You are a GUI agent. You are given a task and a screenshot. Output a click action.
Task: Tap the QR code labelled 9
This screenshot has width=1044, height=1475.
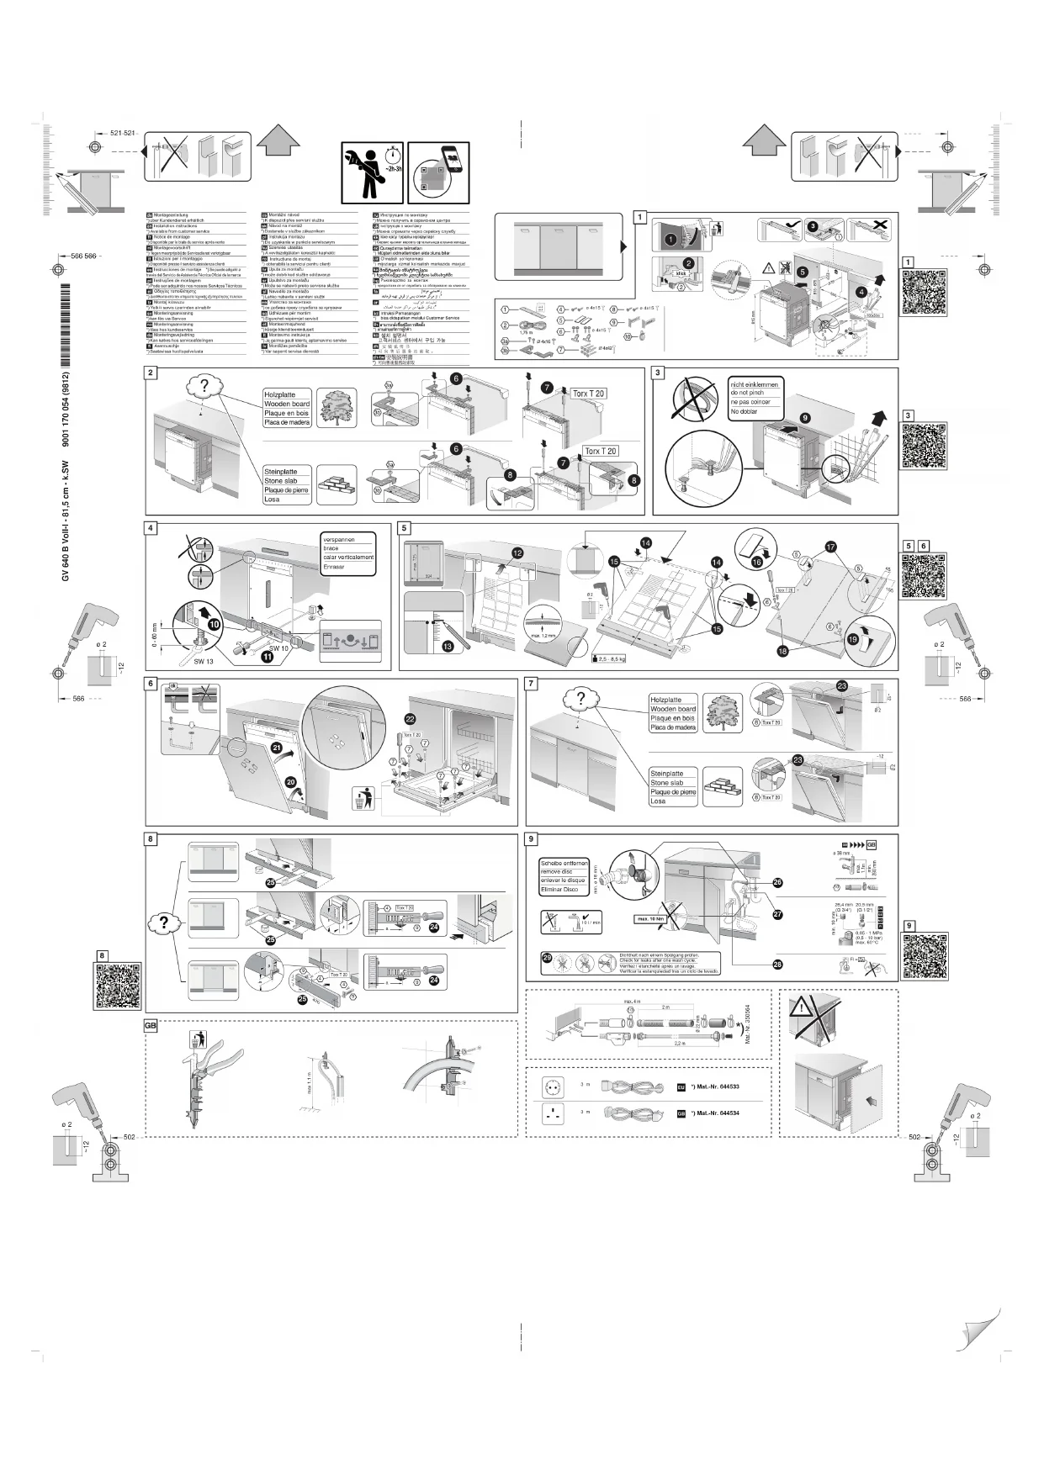point(925,956)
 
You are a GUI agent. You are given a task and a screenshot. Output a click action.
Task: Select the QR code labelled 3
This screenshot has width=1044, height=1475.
point(925,446)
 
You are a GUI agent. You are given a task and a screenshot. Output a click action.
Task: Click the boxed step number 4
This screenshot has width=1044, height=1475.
point(151,529)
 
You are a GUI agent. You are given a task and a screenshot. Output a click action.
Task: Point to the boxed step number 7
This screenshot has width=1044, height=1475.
point(532,684)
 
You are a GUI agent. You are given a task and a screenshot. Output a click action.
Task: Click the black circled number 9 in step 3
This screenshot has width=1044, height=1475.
point(805,417)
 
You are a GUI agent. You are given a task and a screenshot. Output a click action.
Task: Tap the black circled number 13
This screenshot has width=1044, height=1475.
point(448,646)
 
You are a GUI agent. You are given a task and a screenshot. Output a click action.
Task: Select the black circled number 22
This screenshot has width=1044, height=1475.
point(410,718)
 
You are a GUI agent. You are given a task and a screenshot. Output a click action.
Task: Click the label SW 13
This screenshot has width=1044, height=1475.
point(204,662)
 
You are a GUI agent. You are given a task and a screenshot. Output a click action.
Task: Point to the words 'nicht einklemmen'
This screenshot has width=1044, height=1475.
point(755,384)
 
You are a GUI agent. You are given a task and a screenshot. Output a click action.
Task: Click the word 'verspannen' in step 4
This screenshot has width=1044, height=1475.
point(339,540)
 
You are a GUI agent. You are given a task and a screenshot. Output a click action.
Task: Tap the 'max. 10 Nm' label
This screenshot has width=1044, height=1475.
point(650,918)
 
